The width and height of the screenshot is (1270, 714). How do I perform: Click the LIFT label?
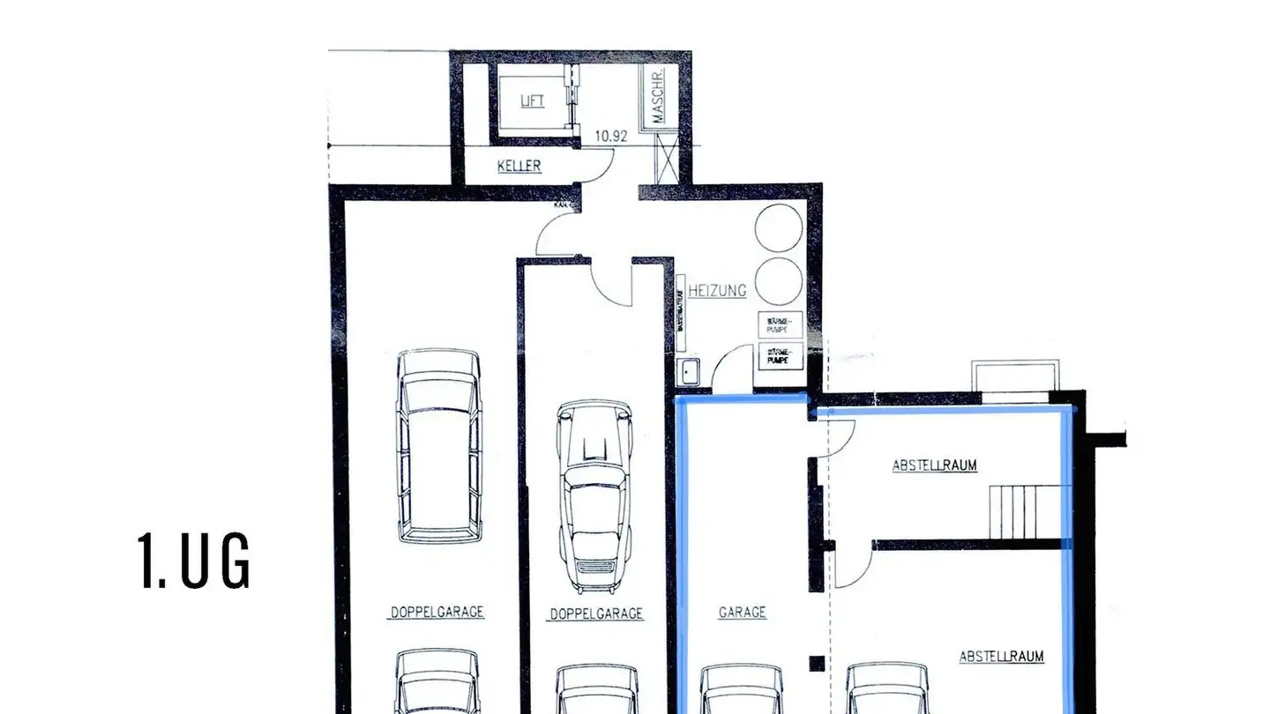coord(532,101)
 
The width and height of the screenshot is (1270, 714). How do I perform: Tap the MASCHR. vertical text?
coord(657,97)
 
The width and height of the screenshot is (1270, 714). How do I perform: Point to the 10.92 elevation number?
coord(611,137)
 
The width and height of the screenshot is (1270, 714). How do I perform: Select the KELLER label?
coord(519,166)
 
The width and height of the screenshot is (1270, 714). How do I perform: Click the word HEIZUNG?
coord(718,290)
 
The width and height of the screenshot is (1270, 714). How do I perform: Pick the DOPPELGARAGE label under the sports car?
coord(596,614)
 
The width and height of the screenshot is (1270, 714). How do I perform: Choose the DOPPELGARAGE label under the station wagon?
coord(437,612)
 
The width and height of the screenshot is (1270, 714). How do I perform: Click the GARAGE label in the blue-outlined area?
coord(742,612)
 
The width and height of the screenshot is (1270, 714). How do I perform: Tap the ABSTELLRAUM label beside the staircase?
coord(935,465)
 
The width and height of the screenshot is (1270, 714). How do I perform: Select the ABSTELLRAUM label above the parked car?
coord(1002,657)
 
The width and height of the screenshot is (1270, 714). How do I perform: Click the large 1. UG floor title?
coord(195,561)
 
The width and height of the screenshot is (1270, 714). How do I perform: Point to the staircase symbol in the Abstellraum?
coord(1023,511)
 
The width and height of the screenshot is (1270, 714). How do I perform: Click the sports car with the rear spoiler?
coord(595,496)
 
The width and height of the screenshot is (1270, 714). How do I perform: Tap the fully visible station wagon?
coord(439,445)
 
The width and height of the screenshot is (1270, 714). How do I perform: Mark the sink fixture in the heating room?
coord(688,373)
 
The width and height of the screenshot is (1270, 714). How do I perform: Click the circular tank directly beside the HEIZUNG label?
coord(779,280)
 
